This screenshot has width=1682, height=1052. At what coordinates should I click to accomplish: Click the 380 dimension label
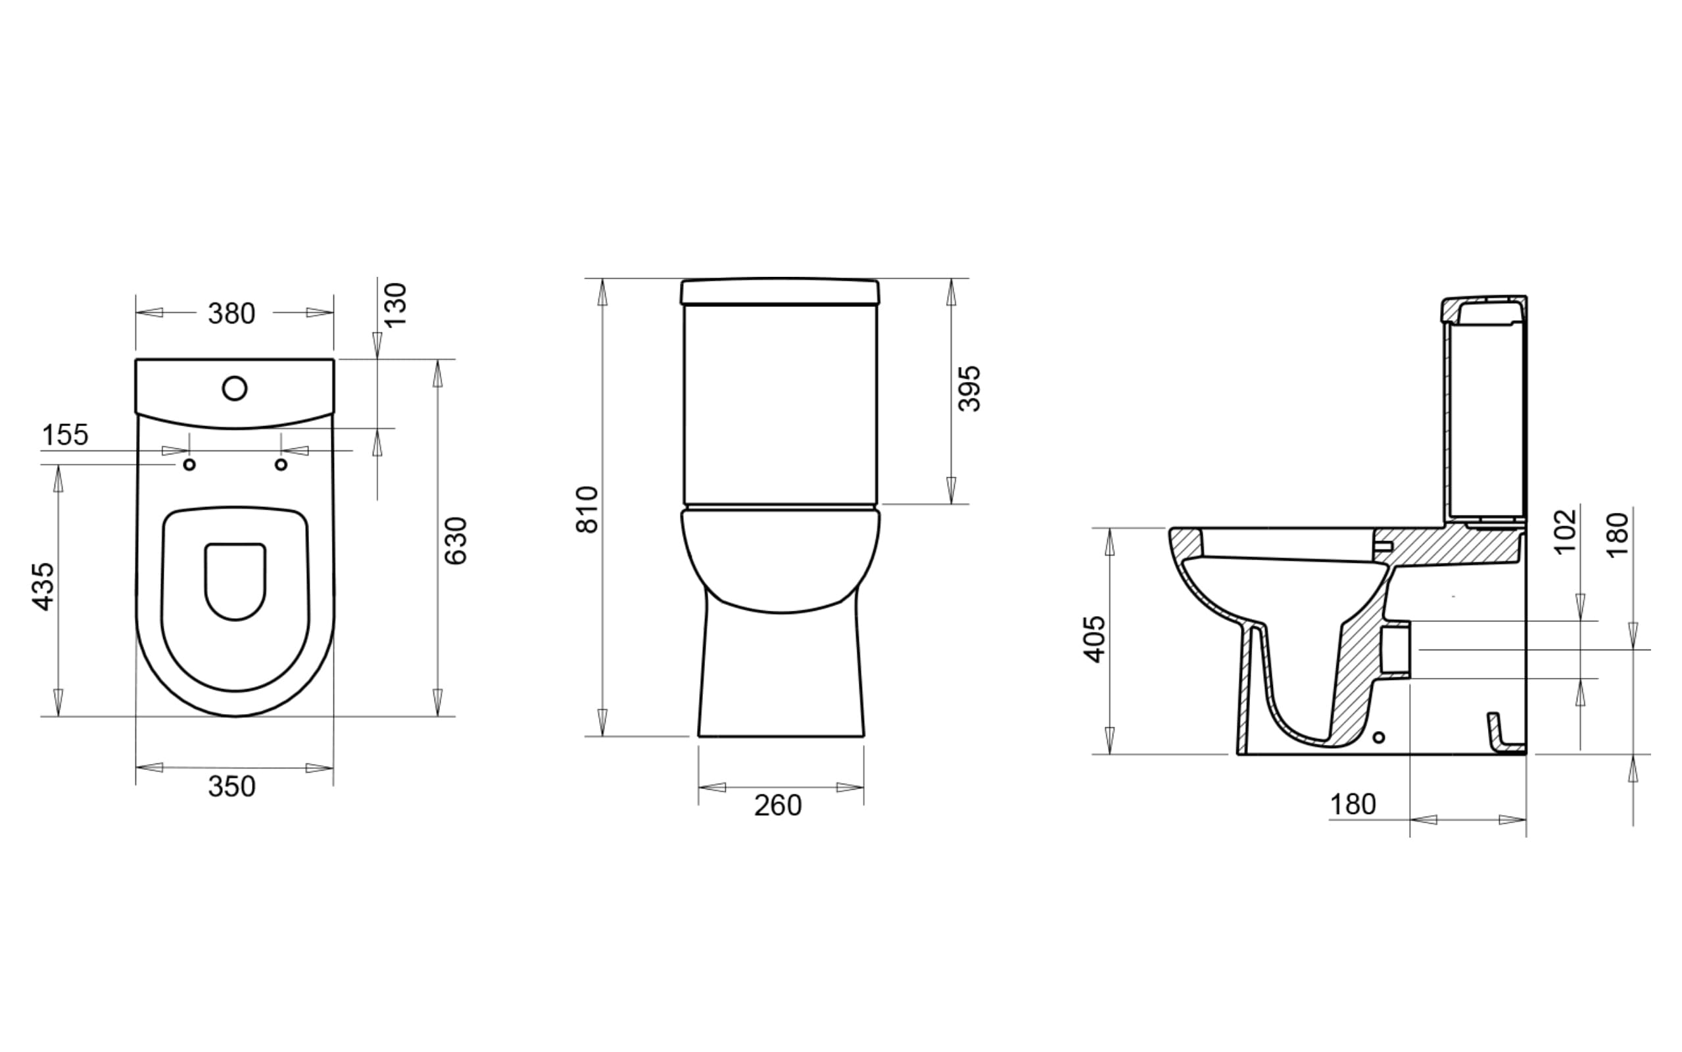(231, 314)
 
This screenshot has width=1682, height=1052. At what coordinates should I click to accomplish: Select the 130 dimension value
(395, 304)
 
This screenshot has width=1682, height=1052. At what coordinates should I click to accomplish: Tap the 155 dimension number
(65, 435)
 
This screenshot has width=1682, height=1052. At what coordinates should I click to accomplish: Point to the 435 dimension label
(43, 586)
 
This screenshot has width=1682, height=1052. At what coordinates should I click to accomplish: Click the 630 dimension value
(456, 540)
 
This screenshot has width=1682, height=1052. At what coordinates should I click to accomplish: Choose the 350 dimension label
(231, 786)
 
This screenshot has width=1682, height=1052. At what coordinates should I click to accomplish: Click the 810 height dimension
(587, 510)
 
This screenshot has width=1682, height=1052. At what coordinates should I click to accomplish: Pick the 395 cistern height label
(969, 389)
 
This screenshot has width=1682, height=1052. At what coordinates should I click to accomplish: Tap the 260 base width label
(778, 805)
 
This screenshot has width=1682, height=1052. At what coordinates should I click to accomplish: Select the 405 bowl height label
(1094, 638)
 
